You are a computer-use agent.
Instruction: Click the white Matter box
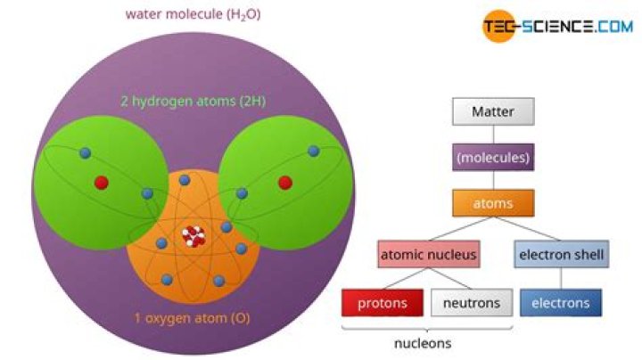click(493, 112)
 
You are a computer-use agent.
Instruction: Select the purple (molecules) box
click(493, 158)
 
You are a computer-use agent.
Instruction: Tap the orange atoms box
click(493, 204)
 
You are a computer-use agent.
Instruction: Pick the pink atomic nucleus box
click(428, 256)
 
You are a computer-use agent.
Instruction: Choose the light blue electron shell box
click(561, 256)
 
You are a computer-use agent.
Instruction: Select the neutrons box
click(472, 303)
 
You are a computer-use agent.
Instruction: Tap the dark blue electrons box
click(561, 303)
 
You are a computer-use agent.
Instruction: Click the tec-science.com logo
click(557, 27)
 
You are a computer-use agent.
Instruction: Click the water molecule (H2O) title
click(193, 15)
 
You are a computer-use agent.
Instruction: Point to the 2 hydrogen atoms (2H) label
click(193, 102)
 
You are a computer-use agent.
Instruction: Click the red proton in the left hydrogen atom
click(102, 182)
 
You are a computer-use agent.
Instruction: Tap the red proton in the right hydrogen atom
click(285, 182)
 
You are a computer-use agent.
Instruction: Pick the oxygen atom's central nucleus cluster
click(193, 236)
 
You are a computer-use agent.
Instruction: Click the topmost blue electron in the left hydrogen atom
click(85, 152)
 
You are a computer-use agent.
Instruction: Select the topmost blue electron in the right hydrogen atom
click(312, 152)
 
